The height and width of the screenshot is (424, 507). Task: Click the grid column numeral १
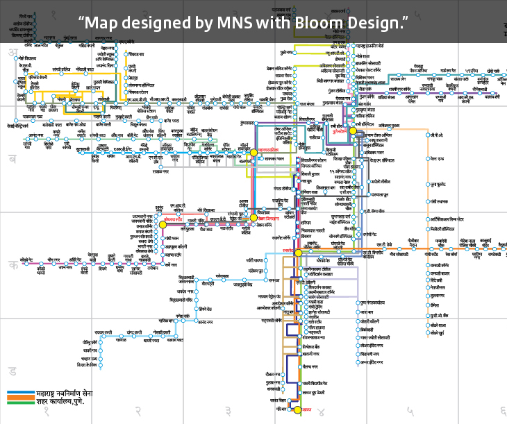click(47, 412)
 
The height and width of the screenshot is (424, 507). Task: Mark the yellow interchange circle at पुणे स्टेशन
click(353, 130)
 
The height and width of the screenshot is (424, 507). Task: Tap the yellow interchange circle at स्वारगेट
click(298, 253)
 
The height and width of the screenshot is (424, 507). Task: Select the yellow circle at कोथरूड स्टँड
click(163, 224)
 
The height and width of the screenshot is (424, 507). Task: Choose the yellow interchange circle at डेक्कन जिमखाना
click(253, 218)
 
